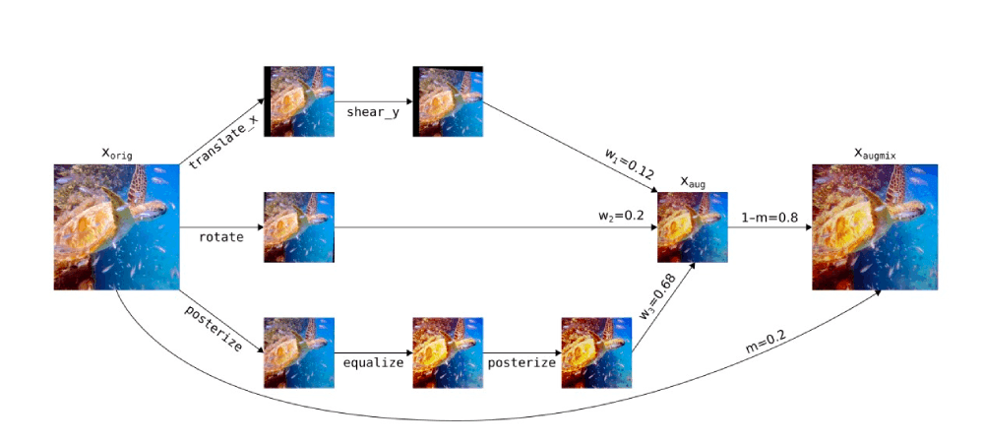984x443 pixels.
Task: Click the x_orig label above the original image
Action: (117, 154)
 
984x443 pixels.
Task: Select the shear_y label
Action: (373, 113)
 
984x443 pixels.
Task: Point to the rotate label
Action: (220, 237)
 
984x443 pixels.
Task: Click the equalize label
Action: (373, 362)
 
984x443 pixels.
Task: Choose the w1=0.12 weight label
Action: (631, 164)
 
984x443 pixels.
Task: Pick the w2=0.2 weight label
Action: (621, 216)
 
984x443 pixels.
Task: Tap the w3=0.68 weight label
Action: (658, 296)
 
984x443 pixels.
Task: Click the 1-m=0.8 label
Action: (770, 218)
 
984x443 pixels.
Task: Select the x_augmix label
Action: (875, 154)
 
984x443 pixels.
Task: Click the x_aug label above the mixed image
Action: (693, 183)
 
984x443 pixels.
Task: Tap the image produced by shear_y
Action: (448, 101)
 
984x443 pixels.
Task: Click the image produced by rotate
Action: (299, 227)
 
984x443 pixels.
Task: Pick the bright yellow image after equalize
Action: (448, 352)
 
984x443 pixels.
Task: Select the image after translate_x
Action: (299, 101)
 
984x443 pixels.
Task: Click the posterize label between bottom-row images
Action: (522, 362)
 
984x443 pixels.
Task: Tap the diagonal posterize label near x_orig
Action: (213, 328)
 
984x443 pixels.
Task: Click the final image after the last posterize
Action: (596, 352)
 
